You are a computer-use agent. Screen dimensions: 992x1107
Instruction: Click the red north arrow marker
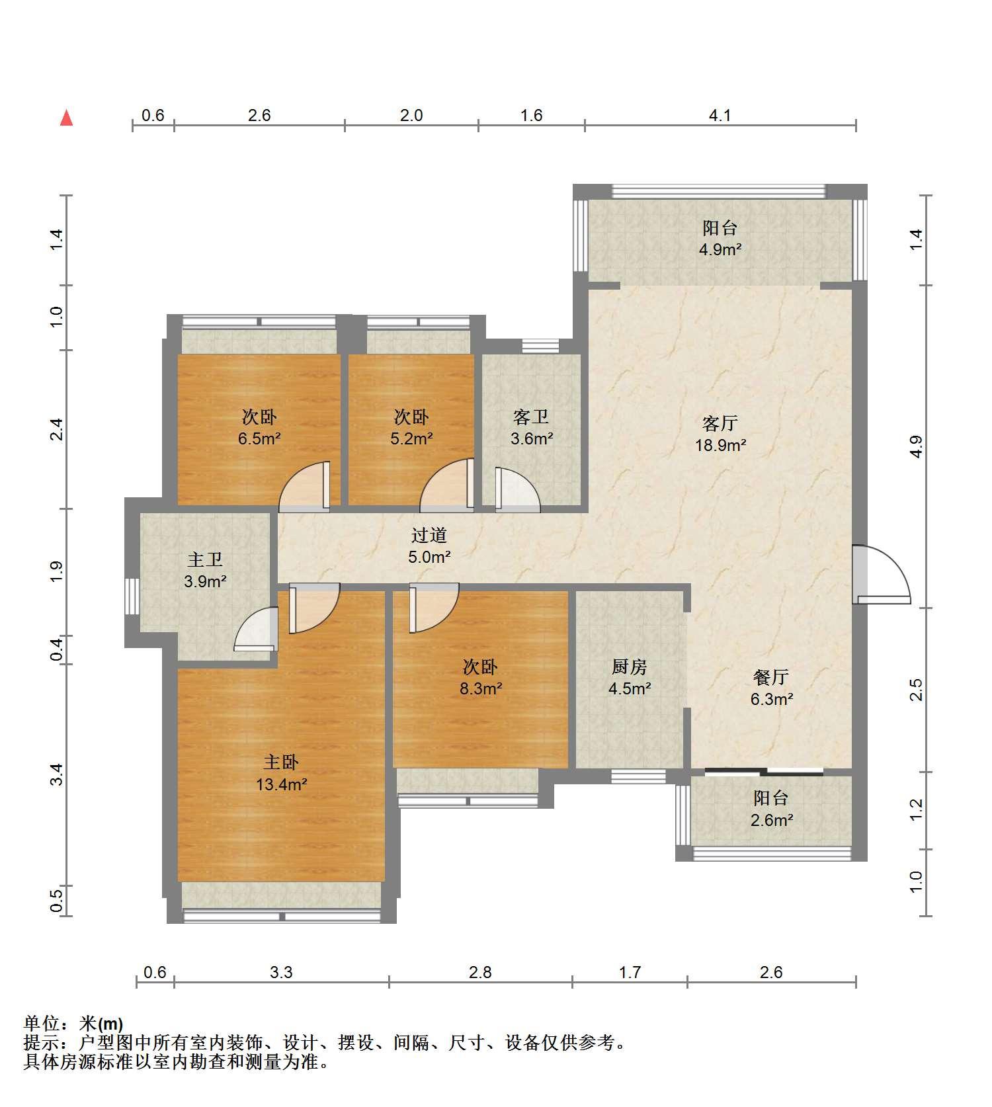[66, 118]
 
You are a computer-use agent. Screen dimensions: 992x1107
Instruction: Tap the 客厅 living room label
[720, 423]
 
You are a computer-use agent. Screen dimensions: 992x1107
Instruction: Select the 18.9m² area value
[720, 445]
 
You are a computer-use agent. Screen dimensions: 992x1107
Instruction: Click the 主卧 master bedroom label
[281, 762]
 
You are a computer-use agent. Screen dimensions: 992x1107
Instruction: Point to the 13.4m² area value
[281, 785]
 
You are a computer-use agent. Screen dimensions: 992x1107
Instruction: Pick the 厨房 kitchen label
[629, 667]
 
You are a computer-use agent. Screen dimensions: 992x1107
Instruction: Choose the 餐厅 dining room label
[771, 677]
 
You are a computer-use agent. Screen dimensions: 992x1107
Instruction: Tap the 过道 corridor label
[429, 535]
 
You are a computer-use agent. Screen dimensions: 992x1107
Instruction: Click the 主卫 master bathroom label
[205, 559]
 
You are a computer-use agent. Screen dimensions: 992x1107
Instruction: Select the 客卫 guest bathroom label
[531, 417]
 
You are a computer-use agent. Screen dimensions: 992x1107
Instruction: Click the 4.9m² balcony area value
[720, 250]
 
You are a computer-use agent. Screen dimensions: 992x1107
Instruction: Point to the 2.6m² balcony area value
[771, 821]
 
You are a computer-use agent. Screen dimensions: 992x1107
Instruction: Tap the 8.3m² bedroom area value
[481, 689]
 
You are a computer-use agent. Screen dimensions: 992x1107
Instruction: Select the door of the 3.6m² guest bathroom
[518, 490]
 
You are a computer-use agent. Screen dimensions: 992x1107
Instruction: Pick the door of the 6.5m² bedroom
[305, 487]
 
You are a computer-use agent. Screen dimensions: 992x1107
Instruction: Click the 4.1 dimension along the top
[720, 116]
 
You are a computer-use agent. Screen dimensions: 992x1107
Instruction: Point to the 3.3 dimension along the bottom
[281, 972]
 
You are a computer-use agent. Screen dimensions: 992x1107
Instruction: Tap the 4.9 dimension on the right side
[916, 446]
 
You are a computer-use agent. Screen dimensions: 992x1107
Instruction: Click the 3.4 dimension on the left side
[57, 774]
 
